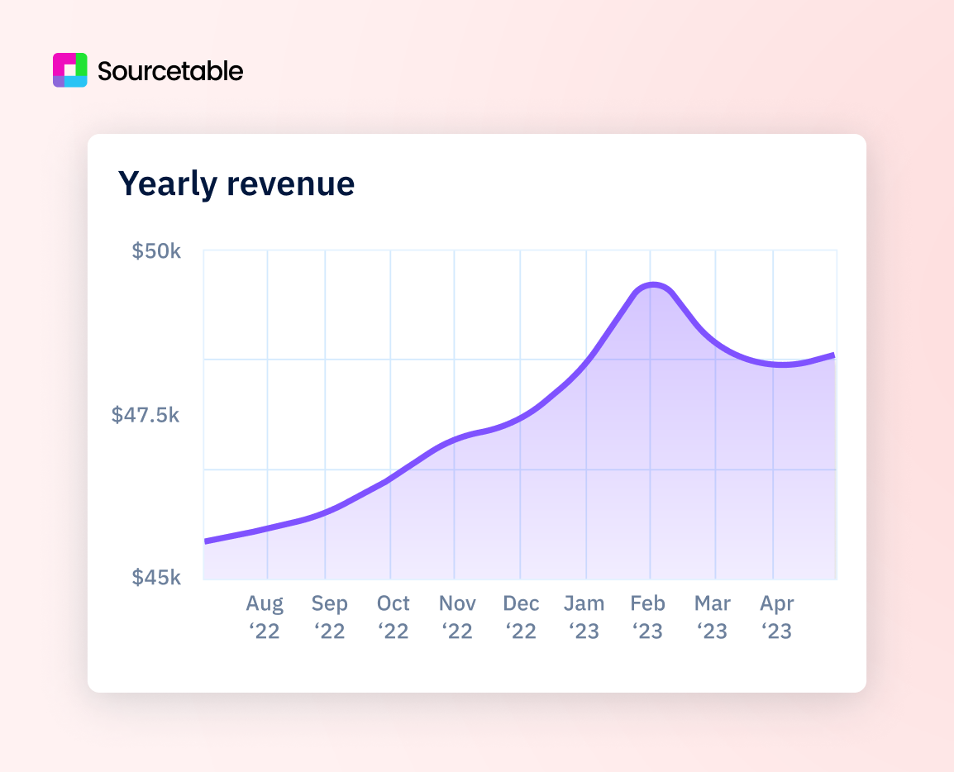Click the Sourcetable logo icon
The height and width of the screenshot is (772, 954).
(69, 70)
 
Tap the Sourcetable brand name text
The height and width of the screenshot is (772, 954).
(170, 71)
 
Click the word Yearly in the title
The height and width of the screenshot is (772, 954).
(168, 183)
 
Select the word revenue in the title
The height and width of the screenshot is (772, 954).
(291, 183)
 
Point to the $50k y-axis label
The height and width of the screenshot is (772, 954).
(156, 250)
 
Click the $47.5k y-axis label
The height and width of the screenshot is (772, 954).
(145, 414)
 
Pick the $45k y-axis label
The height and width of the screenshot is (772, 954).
(156, 577)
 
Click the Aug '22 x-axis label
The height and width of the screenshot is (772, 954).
(265, 617)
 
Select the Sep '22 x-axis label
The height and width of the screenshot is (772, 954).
(329, 617)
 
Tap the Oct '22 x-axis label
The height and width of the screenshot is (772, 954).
(394, 617)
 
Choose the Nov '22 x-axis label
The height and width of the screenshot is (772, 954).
(457, 617)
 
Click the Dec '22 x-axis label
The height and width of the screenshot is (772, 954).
(521, 617)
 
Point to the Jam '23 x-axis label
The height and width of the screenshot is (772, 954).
(584, 617)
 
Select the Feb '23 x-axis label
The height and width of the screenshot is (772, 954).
(648, 617)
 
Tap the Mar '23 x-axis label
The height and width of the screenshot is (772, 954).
(712, 617)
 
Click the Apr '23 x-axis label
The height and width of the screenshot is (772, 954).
(777, 617)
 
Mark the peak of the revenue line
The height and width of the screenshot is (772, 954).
(654, 285)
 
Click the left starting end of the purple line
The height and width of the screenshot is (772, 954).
(206, 541)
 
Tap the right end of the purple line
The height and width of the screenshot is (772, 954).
(833, 355)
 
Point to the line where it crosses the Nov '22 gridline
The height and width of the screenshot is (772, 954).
(455, 440)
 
